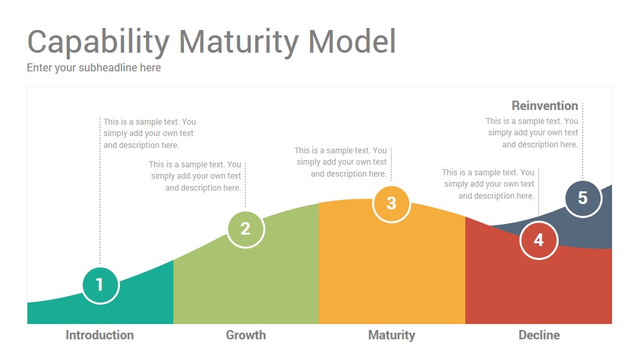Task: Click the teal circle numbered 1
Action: coord(101,285)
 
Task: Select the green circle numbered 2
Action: coord(246,229)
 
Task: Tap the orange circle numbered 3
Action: coord(391,204)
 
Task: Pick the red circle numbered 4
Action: coord(539,240)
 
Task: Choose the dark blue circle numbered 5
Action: coord(583,199)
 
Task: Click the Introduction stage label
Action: coord(99,335)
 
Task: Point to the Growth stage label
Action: coord(246,335)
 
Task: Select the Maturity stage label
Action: coord(391,335)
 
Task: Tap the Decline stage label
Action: coord(539,335)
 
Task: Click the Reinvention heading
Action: coord(545,106)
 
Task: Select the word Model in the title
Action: coord(352,41)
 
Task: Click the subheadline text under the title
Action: coord(94,68)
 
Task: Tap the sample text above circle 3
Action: coord(341,162)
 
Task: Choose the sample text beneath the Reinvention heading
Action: coord(532,133)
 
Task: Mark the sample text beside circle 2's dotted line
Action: coord(195,176)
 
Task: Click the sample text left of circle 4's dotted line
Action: coord(488,184)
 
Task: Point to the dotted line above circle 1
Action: coord(100,191)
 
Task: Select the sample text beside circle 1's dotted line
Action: coord(149,133)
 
